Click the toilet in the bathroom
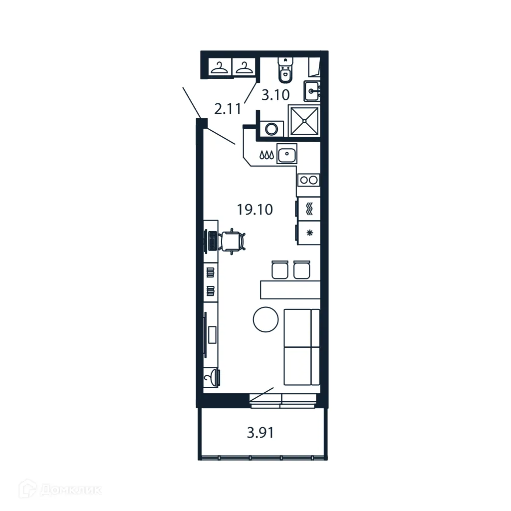click(285, 70)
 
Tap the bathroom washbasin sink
click(312, 91)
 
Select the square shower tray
click(304, 120)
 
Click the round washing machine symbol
click(271, 129)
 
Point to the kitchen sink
click(287, 154)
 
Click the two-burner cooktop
click(308, 179)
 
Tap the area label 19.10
click(255, 210)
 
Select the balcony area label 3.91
click(260, 433)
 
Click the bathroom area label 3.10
click(276, 95)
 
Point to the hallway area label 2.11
click(228, 108)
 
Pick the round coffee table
click(265, 319)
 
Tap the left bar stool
click(279, 269)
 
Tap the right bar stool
click(302, 269)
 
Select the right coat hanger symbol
click(244, 68)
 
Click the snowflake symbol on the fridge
click(309, 233)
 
